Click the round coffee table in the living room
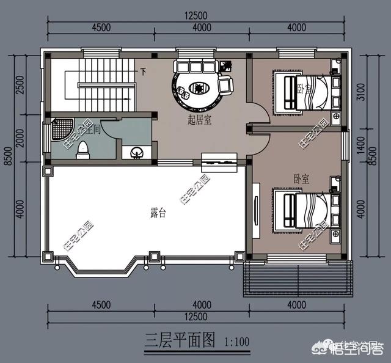[x=199, y=88]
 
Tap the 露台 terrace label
[x=158, y=213]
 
